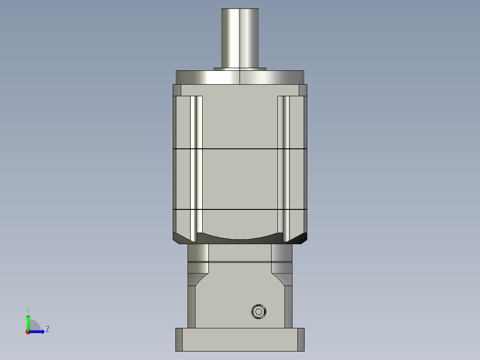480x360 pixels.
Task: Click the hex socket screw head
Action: click(x=258, y=311)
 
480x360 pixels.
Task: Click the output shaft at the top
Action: click(x=240, y=38)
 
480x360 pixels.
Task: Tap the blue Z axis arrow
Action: click(x=38, y=331)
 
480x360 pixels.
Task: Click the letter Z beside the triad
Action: click(x=47, y=330)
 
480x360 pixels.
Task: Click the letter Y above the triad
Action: click(x=28, y=309)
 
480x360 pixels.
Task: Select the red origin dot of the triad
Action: click(x=28, y=331)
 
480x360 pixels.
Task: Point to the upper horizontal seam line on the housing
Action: click(x=240, y=148)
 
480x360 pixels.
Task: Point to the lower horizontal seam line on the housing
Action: click(x=240, y=209)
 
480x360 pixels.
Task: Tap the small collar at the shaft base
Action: click(x=240, y=69)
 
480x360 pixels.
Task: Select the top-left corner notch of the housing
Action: click(x=177, y=90)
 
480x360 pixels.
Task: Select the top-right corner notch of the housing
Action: click(x=303, y=90)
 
